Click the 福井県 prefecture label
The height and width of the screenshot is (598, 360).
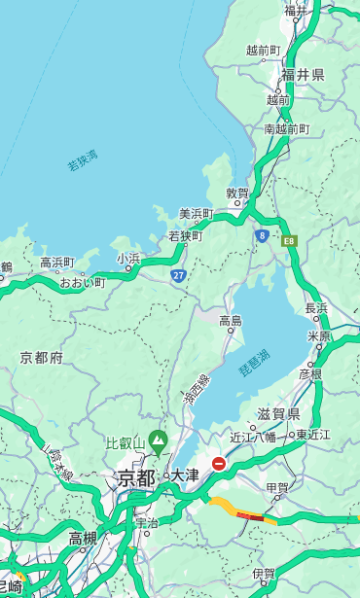coord(303,75)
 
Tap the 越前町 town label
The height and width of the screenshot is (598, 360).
coord(263,51)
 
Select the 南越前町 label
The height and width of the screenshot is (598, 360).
coord(286,129)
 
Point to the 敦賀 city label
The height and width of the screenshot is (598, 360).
coord(237,193)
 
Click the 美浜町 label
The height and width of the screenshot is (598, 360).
coord(197,214)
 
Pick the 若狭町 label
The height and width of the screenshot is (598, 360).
coord(185,236)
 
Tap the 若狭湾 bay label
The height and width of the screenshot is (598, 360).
coord(83,160)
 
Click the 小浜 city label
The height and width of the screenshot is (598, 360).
coord(128,259)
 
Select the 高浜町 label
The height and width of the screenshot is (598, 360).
coord(56,263)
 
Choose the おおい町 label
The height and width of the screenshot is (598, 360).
coord(82,283)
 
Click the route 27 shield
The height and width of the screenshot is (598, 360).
coord(178,276)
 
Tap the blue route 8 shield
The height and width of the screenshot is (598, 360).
coord(262,235)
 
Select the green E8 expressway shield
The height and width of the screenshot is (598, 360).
coord(289,240)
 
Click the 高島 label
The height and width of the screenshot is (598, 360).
coord(231,320)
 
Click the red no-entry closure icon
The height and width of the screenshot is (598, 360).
coord(219,464)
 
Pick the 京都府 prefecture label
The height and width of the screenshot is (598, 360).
coord(42,358)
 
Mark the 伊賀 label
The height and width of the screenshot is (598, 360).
coord(263,574)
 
